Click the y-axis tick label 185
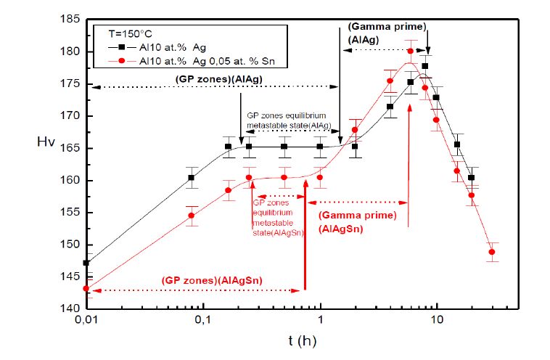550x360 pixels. [70, 20]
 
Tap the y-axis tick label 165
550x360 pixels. [70, 148]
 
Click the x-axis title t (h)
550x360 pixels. [300, 339]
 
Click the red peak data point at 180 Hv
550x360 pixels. [410, 51]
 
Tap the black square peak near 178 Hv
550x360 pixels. [424, 66]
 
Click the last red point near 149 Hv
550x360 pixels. [492, 252]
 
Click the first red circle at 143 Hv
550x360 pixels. [86, 288]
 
